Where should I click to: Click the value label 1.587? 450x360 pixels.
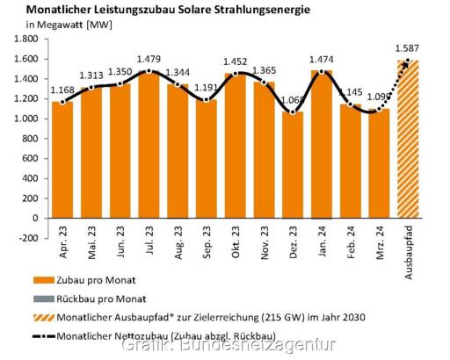coord(406,47)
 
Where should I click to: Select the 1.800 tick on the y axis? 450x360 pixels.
coord(23,39)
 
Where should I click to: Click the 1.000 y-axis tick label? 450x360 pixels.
coord(23,119)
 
